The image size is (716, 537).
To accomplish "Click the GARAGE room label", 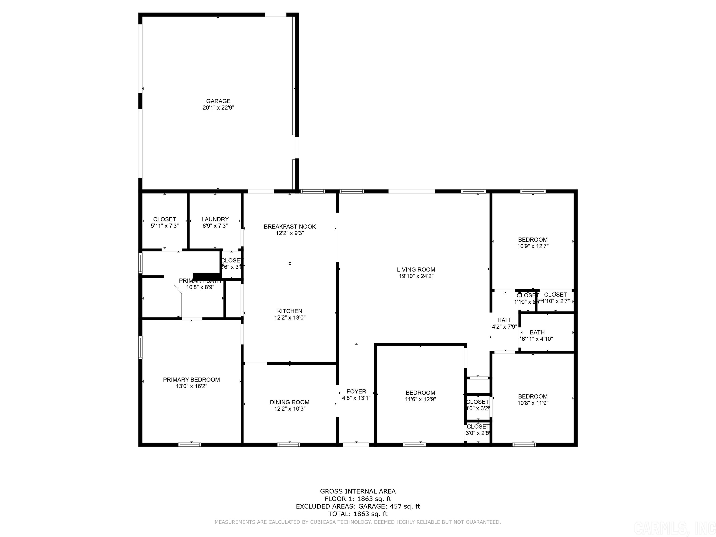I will [218, 101].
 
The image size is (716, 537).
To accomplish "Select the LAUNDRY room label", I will [215, 219].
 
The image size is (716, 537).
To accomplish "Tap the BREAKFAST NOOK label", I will [289, 227].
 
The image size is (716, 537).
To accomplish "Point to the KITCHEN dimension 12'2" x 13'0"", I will [290, 317].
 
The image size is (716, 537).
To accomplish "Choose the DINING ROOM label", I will [289, 402].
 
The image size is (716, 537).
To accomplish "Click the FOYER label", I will [356, 391].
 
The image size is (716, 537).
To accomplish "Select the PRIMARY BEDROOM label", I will [191, 379].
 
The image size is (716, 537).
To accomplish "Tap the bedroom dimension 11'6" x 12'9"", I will [420, 399].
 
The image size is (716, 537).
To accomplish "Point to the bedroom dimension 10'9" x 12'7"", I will [533, 246].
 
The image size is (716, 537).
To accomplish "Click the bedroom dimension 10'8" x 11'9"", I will [533, 403].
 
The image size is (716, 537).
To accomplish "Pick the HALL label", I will [504, 320].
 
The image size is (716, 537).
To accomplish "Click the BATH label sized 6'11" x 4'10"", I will [537, 332].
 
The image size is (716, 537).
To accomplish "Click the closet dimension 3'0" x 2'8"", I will [477, 433].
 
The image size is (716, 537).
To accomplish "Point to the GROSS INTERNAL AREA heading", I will [358, 491].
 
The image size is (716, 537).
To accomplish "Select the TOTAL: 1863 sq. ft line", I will [358, 514].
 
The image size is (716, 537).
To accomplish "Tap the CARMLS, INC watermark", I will [673, 528].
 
